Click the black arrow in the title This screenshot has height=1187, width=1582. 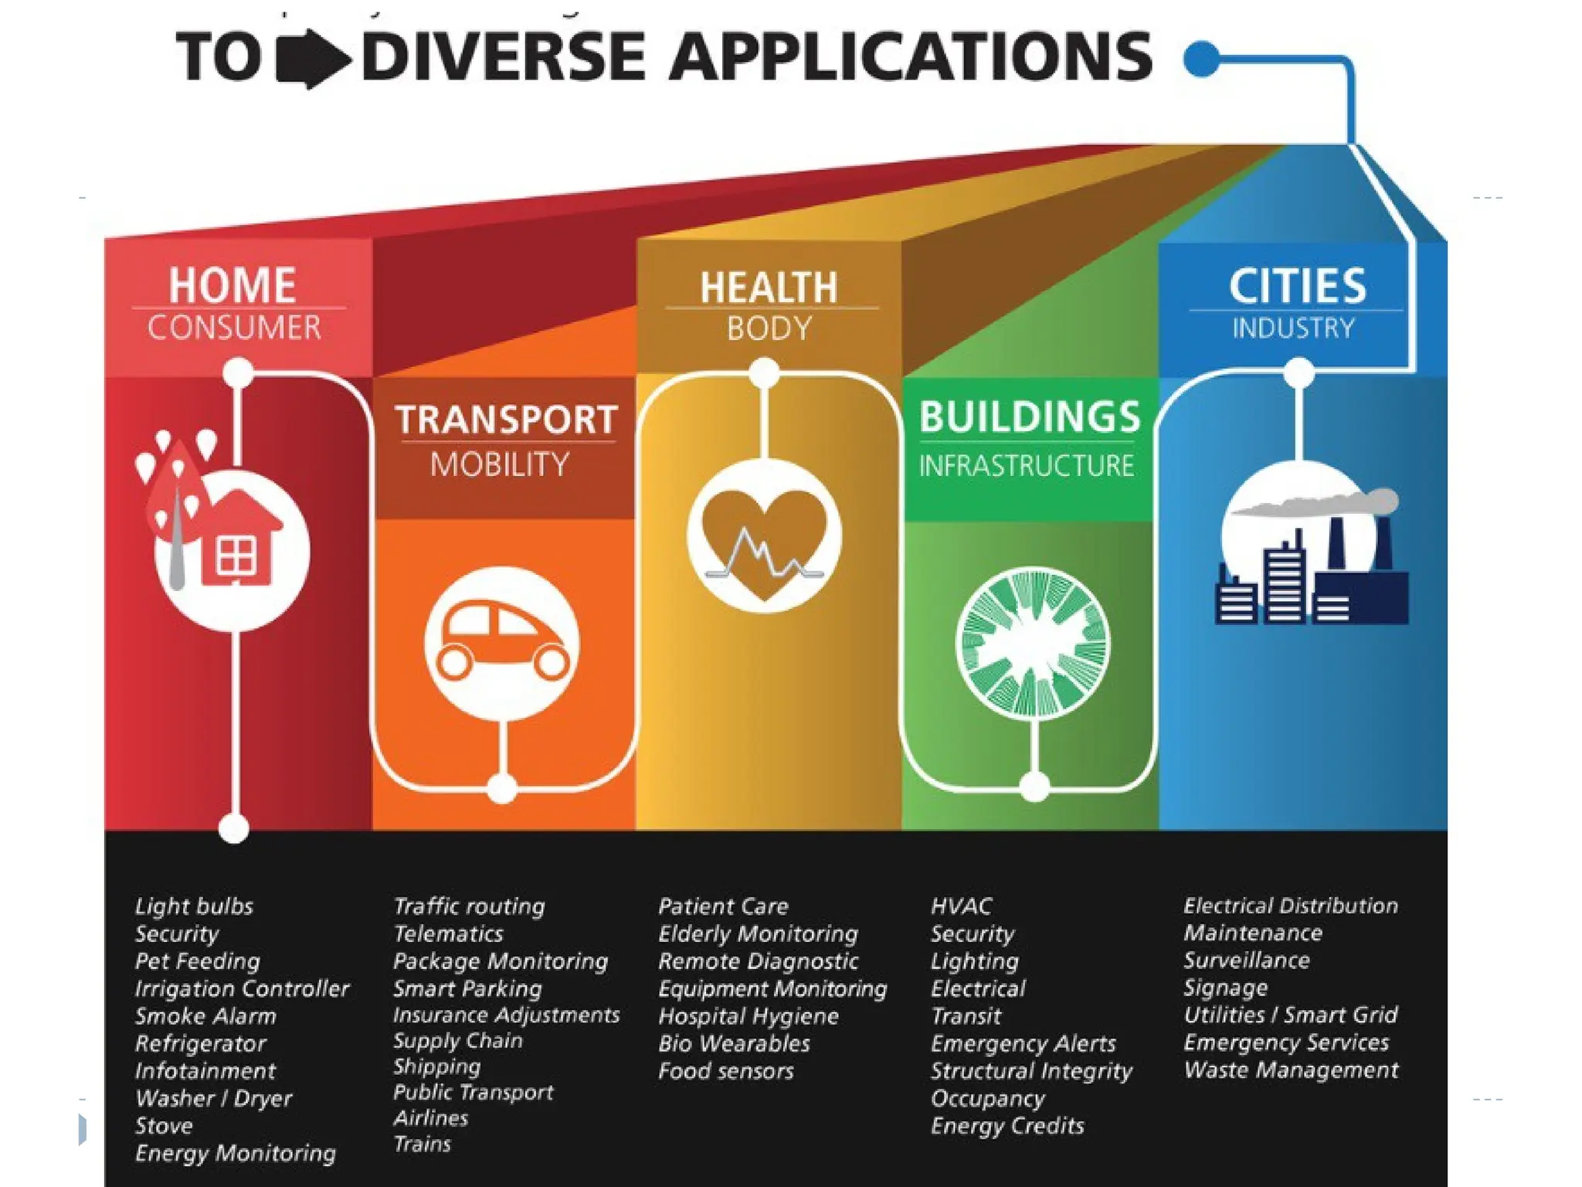[x=313, y=59]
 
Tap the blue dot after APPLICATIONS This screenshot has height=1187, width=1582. [x=1201, y=58]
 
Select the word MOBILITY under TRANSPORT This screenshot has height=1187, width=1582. [x=500, y=464]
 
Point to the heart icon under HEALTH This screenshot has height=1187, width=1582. [x=764, y=537]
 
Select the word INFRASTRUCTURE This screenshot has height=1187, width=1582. [x=1026, y=466]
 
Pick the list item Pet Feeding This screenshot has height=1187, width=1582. [x=198, y=961]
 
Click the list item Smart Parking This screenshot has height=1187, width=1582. [x=467, y=988]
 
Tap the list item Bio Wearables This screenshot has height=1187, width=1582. [x=734, y=1043]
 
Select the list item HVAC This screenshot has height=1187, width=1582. [x=961, y=906]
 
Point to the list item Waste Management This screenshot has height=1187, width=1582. [x=1291, y=1070]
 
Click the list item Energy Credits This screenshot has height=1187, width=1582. [x=1007, y=1126]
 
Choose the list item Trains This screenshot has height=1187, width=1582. [x=422, y=1144]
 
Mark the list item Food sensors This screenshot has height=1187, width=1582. [x=726, y=1071]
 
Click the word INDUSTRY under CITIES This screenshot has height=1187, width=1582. [x=1293, y=328]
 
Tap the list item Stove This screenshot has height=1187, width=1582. [x=164, y=1126]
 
